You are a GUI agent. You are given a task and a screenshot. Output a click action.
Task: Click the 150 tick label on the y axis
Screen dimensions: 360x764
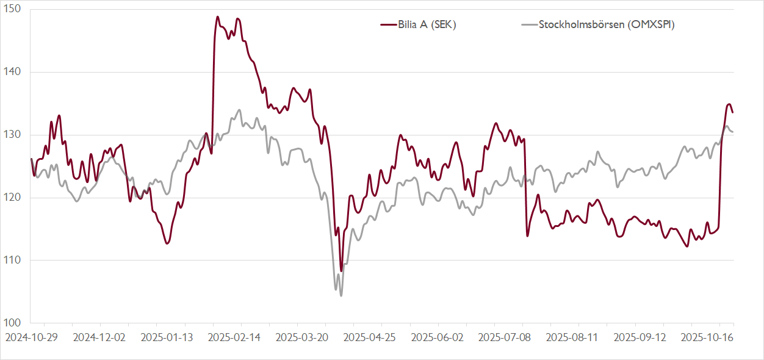point(13,10)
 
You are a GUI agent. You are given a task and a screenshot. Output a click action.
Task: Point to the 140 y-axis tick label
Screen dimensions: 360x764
point(13,72)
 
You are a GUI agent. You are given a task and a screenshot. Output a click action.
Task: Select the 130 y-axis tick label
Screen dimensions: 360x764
point(13,135)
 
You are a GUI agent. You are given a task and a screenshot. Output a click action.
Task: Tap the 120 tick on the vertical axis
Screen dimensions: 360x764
point(13,198)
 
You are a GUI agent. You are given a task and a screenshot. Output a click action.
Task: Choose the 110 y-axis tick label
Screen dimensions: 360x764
point(13,260)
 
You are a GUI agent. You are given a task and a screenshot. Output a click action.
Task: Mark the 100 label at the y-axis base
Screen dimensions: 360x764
point(13,323)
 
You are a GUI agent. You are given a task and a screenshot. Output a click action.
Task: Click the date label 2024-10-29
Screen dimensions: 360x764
point(31,337)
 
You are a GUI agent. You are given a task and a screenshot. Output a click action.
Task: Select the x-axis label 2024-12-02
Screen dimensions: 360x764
point(99,337)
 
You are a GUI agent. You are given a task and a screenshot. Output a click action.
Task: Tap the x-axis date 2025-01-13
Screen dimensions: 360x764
point(167,337)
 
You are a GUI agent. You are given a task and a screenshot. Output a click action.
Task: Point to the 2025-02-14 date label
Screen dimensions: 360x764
point(234,337)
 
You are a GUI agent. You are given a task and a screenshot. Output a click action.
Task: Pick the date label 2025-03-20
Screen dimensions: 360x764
point(302,337)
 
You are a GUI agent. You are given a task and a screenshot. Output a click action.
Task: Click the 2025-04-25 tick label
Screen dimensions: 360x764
point(370,337)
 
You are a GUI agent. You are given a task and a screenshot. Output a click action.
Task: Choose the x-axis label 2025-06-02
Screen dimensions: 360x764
point(438,337)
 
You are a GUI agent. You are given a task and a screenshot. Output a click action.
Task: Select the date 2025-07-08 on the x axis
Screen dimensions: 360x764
point(505,337)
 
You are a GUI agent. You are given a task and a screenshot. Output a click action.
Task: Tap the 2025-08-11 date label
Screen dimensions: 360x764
point(573,337)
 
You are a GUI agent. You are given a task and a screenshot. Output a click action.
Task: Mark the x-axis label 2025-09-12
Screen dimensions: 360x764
point(641,337)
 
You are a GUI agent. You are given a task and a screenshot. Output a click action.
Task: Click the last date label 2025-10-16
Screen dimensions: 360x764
point(708,337)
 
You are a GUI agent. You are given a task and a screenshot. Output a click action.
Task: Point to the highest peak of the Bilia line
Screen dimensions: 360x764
point(218,17)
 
